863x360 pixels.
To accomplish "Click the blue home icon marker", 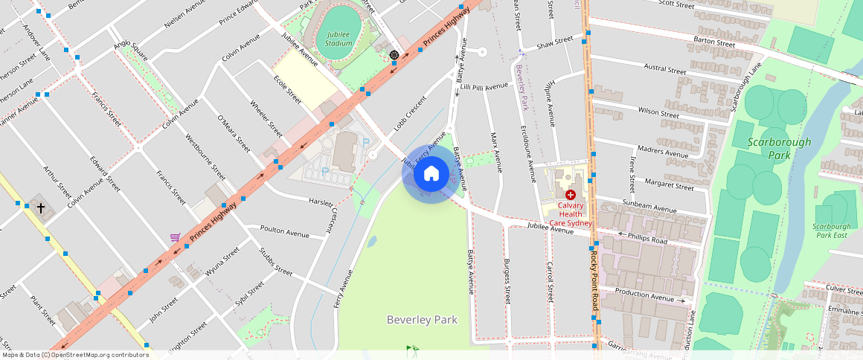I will [431, 174].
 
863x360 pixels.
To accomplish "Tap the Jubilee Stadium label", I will [339, 39].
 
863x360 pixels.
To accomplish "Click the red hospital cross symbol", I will [570, 194].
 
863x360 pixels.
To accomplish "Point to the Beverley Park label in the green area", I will [422, 319].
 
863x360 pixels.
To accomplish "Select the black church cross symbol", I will [41, 209].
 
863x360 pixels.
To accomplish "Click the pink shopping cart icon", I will [175, 237].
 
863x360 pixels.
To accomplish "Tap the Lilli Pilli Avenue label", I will [484, 87].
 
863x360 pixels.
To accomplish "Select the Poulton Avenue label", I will [284, 232].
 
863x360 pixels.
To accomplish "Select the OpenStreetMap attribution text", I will [75, 355].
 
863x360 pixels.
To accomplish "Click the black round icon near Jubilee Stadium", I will [394, 54].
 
